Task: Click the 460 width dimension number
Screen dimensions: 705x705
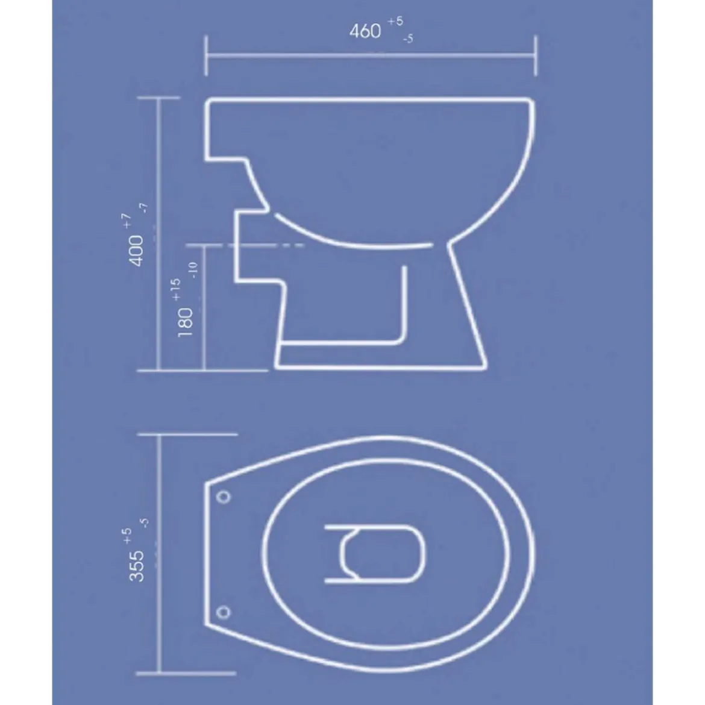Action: (x=365, y=31)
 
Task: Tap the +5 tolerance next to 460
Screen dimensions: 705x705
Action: (x=395, y=21)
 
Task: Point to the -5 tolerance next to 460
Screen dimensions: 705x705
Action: (x=408, y=39)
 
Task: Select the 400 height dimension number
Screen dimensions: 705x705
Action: (x=136, y=251)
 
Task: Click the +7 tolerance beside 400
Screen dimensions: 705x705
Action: (x=127, y=221)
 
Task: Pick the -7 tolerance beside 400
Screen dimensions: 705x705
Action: (x=143, y=208)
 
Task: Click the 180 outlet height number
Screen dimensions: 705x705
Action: (x=185, y=322)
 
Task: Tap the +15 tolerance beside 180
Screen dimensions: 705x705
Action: (x=176, y=289)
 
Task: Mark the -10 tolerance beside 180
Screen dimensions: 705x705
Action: (x=193, y=270)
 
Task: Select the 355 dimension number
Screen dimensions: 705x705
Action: (x=136, y=566)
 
